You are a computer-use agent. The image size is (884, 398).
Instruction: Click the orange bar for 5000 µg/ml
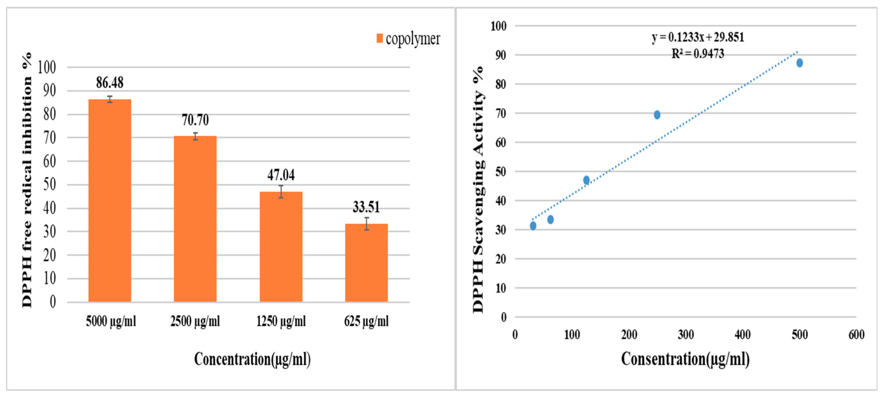[x=110, y=201]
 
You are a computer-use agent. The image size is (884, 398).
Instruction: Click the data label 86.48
[x=110, y=82]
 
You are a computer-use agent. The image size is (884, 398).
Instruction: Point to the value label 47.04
[x=281, y=175]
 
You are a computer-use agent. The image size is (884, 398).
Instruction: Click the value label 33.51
[x=366, y=207]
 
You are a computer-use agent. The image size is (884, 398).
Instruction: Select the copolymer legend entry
[x=408, y=39]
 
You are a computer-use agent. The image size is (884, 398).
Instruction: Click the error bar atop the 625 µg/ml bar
[x=366, y=224]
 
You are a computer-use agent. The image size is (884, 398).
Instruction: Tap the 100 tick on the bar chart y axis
[x=47, y=67]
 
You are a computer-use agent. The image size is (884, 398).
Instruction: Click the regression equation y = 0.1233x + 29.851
[x=698, y=37]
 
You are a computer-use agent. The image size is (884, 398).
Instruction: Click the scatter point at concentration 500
[x=799, y=63]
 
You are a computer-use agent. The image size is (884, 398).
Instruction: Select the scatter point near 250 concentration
[x=657, y=115]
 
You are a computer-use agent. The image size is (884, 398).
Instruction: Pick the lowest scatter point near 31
[x=533, y=226]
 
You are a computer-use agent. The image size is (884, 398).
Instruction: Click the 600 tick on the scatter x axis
[x=856, y=335]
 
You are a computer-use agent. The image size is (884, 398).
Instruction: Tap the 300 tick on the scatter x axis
[x=685, y=335]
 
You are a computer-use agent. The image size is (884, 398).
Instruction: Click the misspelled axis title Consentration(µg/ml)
[x=685, y=359]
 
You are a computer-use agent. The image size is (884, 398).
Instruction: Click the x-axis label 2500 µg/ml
[x=195, y=321]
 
